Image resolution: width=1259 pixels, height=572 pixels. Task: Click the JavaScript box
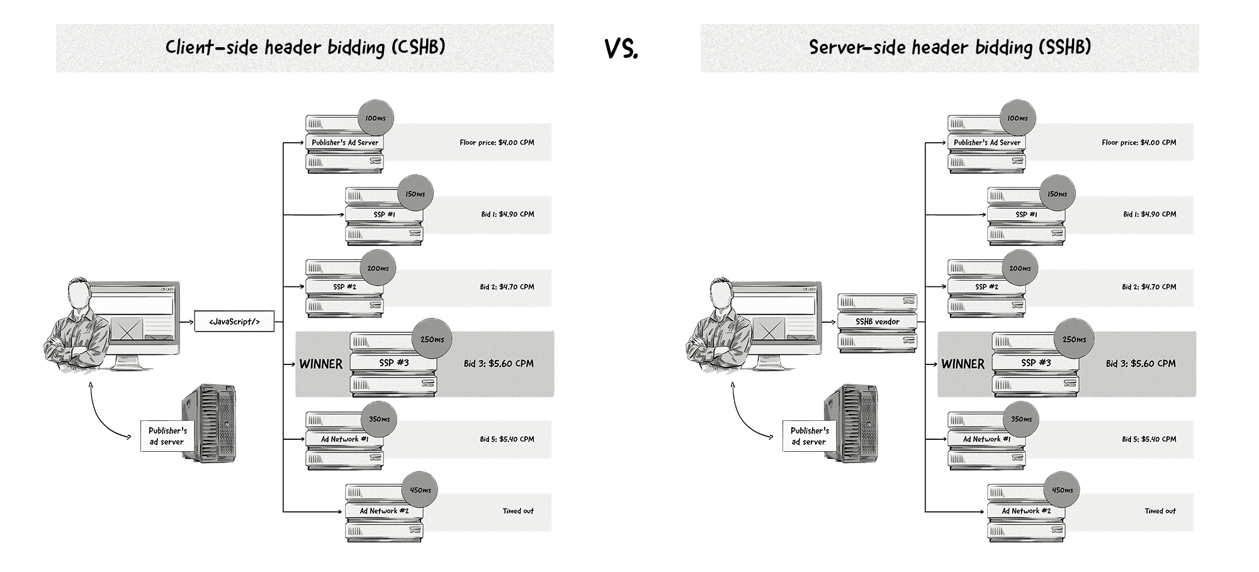[x=234, y=322]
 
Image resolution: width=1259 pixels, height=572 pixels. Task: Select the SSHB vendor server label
[x=877, y=322]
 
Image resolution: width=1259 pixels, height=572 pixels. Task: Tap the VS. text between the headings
[x=621, y=48]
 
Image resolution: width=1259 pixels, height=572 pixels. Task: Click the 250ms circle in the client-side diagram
[x=432, y=339]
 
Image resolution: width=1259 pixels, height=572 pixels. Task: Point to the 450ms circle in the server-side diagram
[x=1062, y=490]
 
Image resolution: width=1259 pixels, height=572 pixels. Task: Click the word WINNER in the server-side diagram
[x=963, y=364]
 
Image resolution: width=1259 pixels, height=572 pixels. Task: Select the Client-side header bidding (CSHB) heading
[x=305, y=48]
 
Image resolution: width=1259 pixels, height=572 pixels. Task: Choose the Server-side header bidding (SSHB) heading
[x=949, y=48]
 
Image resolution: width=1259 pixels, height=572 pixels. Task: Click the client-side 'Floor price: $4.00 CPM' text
[x=497, y=142]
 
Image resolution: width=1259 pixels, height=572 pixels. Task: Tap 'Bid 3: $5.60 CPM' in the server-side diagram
[x=1141, y=364]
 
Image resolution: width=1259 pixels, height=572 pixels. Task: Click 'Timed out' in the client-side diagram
[x=517, y=511]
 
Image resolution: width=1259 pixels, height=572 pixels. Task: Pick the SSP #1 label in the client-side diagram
[x=384, y=215]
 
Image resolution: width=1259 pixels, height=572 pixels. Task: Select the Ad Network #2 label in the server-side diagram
[x=1026, y=511]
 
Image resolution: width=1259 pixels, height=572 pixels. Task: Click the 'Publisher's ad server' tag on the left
[x=167, y=436]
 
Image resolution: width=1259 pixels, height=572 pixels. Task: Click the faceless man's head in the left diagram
[x=80, y=293]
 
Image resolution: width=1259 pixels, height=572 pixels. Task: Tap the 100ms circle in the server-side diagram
[x=1017, y=118]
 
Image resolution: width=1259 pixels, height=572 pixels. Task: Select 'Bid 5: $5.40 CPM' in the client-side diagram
[x=507, y=439]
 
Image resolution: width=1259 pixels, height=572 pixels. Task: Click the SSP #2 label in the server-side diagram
[x=986, y=287]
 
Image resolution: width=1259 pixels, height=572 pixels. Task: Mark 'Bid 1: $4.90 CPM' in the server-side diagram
[x=1149, y=215]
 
